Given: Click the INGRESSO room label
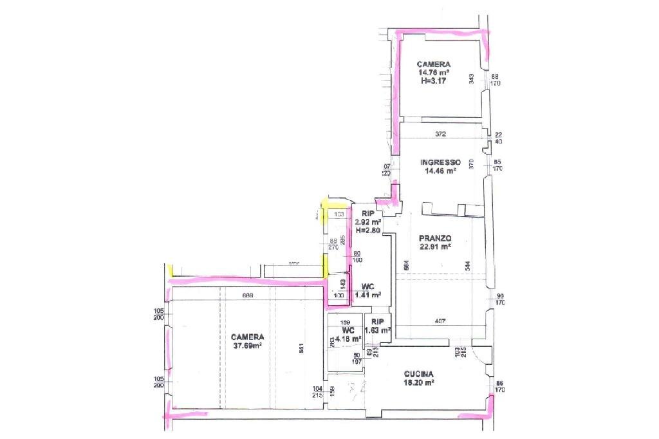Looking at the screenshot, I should (x=440, y=162).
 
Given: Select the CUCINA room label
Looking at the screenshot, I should (x=419, y=374).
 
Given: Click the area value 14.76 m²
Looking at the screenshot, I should (x=433, y=73).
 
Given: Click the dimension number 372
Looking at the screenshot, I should (x=440, y=134).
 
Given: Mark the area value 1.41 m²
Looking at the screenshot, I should (x=368, y=295).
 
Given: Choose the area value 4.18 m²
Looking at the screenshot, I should (x=347, y=339).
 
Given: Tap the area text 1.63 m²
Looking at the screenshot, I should (x=378, y=330).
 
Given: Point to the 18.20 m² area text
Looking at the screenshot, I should (x=419, y=382).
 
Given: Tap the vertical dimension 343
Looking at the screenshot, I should (x=472, y=79).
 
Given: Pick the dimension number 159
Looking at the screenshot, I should (x=344, y=322).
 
